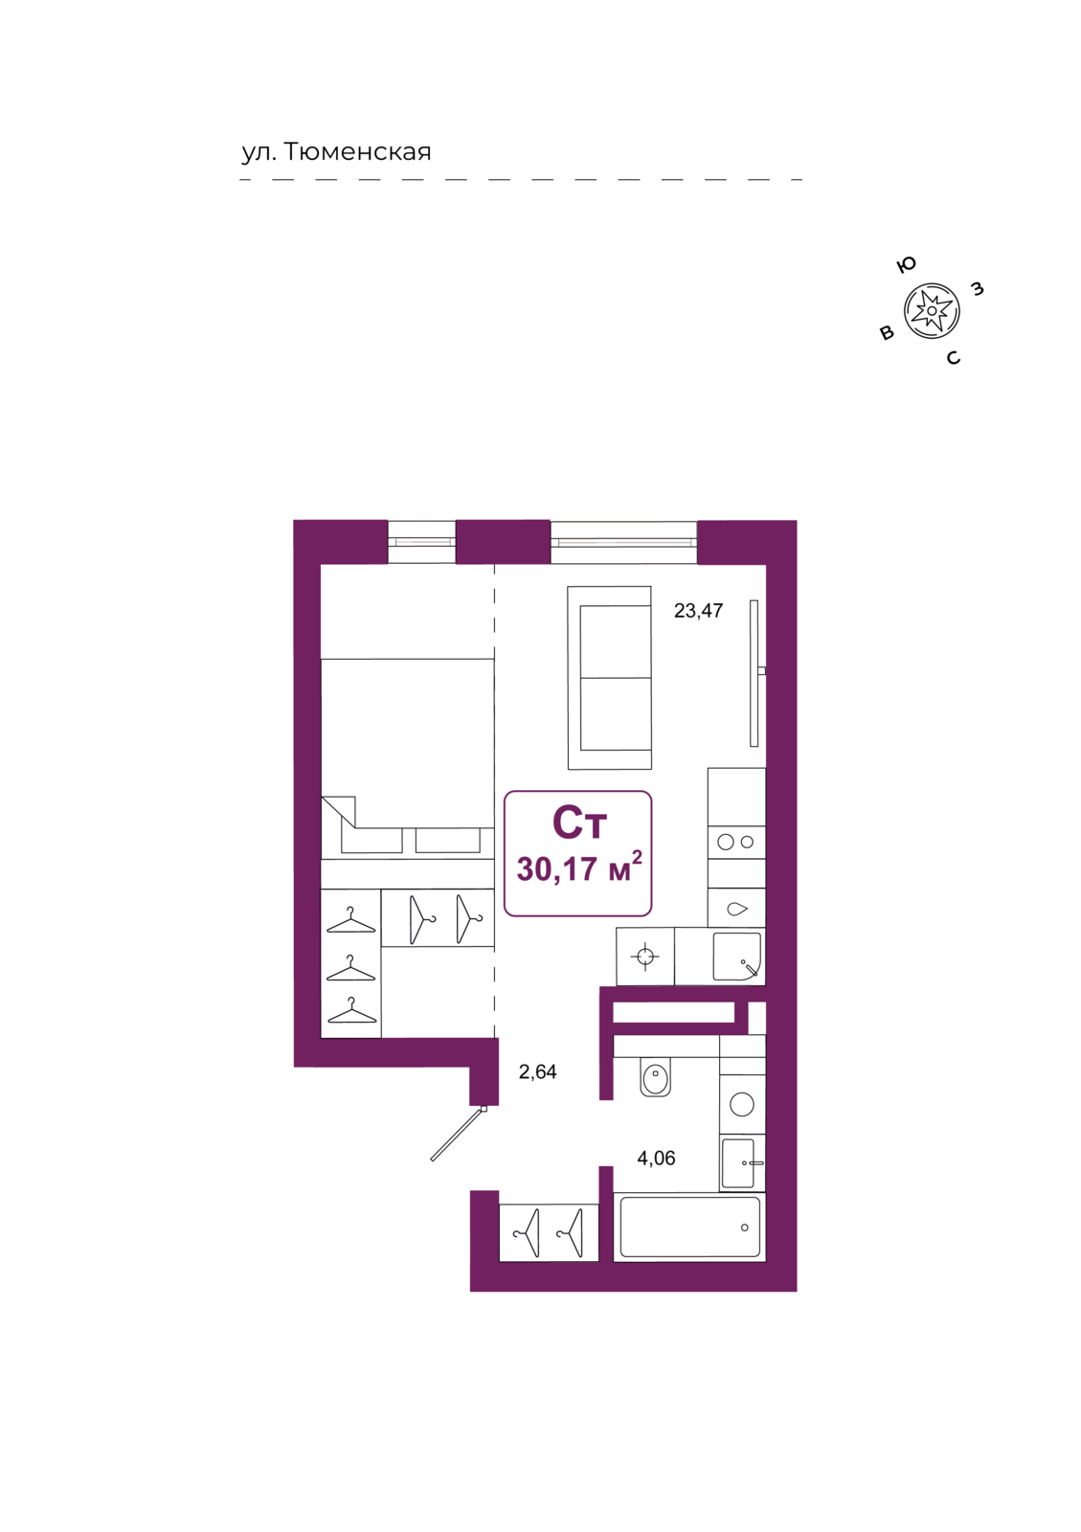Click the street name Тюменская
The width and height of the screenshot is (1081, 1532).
click(356, 151)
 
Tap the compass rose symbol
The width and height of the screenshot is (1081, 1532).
click(932, 310)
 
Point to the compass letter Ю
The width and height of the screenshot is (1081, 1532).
click(906, 264)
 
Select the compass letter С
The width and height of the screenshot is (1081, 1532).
click(953, 358)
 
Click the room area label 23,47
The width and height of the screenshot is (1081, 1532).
click(698, 610)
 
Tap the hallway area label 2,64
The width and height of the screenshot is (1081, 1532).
click(537, 1071)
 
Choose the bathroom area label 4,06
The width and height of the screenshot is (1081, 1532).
click(656, 1158)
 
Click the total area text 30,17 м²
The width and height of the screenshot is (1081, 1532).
click(579, 867)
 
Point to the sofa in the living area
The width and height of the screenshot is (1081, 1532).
click(609, 677)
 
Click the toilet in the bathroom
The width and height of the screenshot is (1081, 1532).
click(655, 1077)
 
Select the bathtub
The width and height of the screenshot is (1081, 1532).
click(689, 1227)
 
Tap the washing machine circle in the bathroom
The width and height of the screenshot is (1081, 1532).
click(742, 1103)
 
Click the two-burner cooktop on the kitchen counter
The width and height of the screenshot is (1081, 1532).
click(736, 843)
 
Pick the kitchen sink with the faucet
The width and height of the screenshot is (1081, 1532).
click(737, 957)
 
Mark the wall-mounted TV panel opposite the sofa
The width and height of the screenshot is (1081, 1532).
click(754, 673)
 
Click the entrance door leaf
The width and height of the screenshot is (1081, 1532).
click(458, 1134)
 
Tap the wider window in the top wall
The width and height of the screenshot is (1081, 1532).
click(623, 542)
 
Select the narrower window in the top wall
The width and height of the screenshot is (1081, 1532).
click(421, 542)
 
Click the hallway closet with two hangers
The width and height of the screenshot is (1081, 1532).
click(549, 1233)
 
